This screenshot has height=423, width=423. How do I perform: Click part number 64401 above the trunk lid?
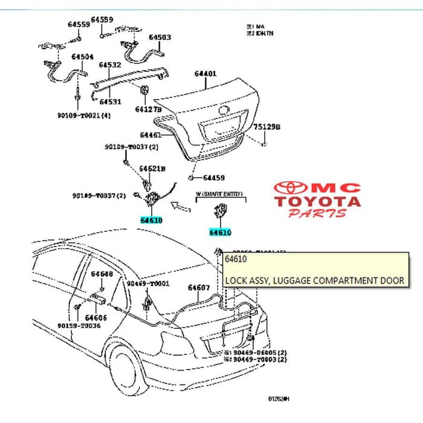pos(205,74)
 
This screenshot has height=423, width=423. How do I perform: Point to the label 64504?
pos(82,57)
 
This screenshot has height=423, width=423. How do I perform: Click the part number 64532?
pos(110,65)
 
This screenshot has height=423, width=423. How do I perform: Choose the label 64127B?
pos(149,109)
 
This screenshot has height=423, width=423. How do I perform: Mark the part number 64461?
pos(150,135)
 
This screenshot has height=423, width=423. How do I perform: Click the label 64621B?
pos(152,168)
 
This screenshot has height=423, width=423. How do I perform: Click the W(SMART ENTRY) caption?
pos(219,195)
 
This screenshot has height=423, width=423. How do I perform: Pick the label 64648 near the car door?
pos(102,274)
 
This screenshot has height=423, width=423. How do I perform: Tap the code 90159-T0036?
pos(79,326)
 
